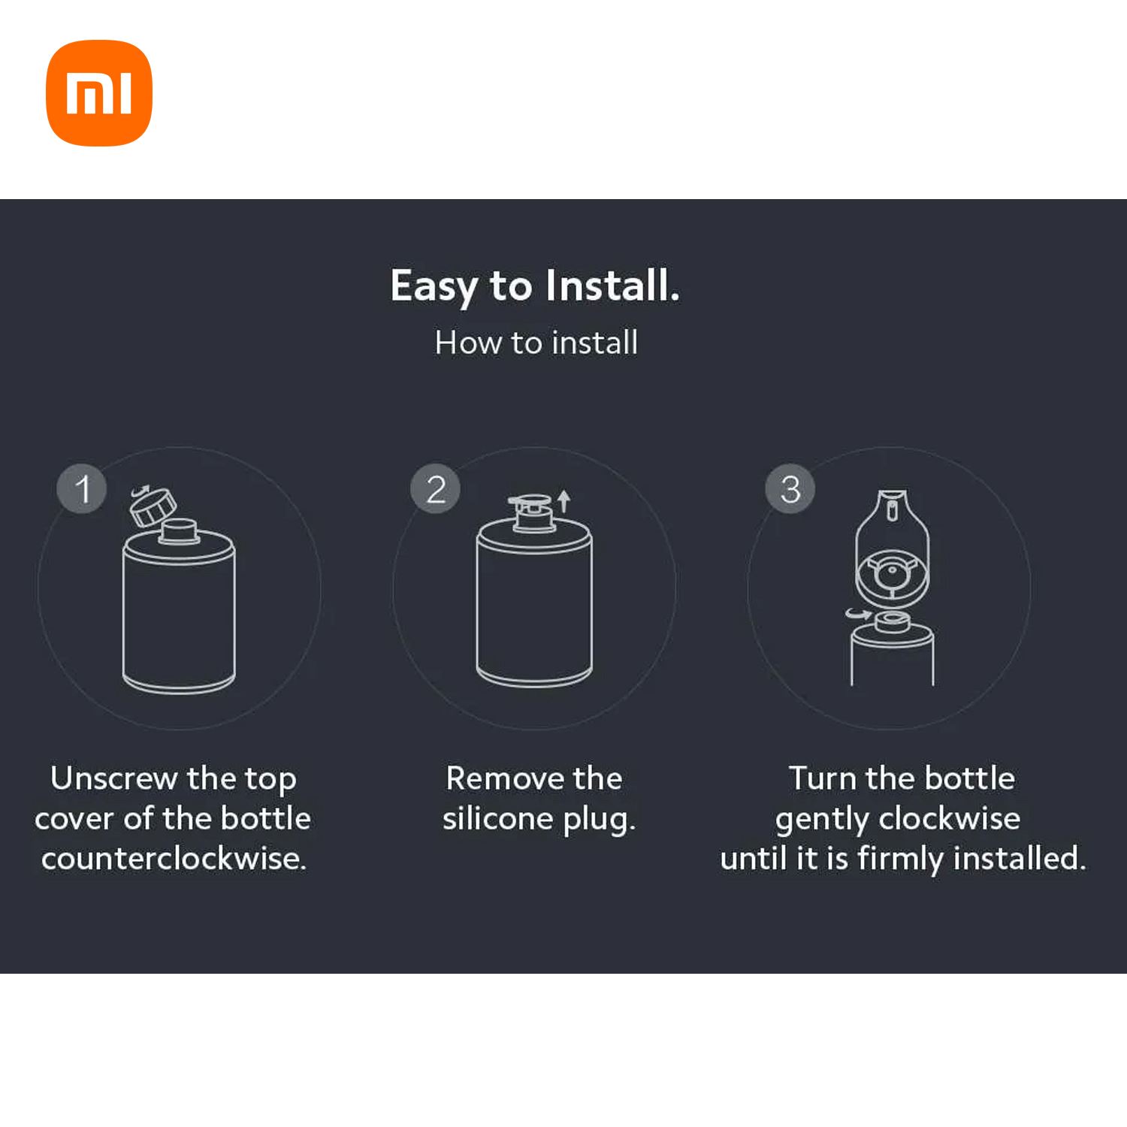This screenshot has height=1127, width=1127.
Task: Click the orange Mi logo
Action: tap(99, 92)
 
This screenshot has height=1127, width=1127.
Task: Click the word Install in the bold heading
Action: tap(612, 286)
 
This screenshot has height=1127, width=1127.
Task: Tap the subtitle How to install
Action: tap(536, 343)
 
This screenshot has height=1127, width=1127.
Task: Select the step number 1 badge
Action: tap(82, 489)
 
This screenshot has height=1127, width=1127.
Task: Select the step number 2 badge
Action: tap(436, 489)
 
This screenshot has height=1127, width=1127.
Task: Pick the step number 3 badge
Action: tap(790, 489)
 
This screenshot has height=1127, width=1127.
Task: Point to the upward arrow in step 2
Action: tap(564, 501)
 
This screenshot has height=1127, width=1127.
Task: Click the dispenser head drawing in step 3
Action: tap(892, 548)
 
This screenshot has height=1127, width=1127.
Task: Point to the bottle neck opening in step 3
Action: tap(893, 621)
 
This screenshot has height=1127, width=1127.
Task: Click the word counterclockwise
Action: tap(174, 858)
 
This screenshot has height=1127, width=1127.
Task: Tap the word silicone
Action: tap(497, 818)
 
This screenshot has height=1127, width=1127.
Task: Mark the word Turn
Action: tap(823, 778)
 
